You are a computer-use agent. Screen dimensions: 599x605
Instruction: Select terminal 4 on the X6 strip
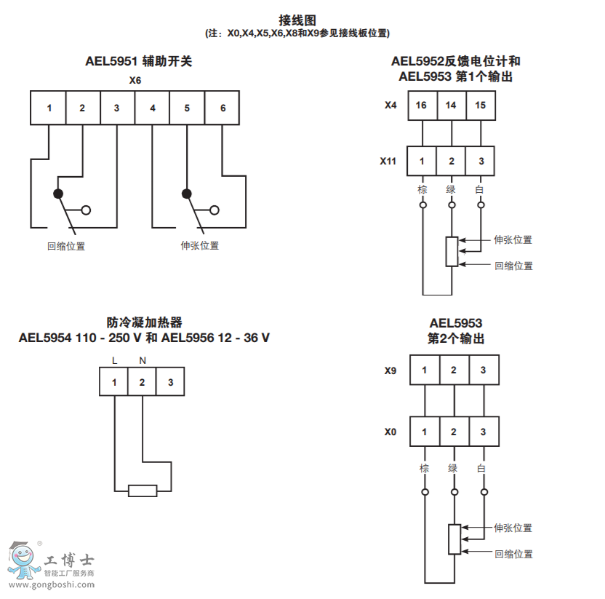tap(153, 108)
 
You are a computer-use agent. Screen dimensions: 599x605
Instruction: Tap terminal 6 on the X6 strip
tap(223, 108)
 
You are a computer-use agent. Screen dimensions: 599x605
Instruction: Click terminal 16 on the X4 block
tap(422, 106)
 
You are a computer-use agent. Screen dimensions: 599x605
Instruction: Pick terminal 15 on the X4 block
tap(480, 106)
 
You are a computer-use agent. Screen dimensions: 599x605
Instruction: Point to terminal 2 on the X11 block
tap(452, 161)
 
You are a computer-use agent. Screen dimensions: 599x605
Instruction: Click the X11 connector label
tap(388, 161)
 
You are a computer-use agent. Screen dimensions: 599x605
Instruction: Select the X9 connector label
tap(390, 370)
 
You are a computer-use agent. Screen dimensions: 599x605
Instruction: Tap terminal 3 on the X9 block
tap(483, 370)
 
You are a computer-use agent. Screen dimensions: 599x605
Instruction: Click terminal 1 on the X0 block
tap(425, 432)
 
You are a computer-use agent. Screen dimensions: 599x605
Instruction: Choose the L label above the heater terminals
tap(114, 360)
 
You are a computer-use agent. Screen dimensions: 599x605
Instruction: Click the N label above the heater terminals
tap(143, 360)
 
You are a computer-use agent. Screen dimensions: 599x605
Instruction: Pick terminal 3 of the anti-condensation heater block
tap(170, 382)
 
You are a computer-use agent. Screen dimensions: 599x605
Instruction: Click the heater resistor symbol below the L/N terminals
tap(143, 491)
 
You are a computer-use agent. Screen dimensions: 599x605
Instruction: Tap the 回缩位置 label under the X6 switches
tap(66, 246)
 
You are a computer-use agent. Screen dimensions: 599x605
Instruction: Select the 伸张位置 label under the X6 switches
tap(199, 246)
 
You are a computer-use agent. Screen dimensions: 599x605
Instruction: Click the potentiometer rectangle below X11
tap(452, 251)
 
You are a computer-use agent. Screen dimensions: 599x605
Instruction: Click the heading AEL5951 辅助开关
tap(138, 62)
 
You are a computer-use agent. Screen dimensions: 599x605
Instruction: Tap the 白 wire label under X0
tap(481, 469)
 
